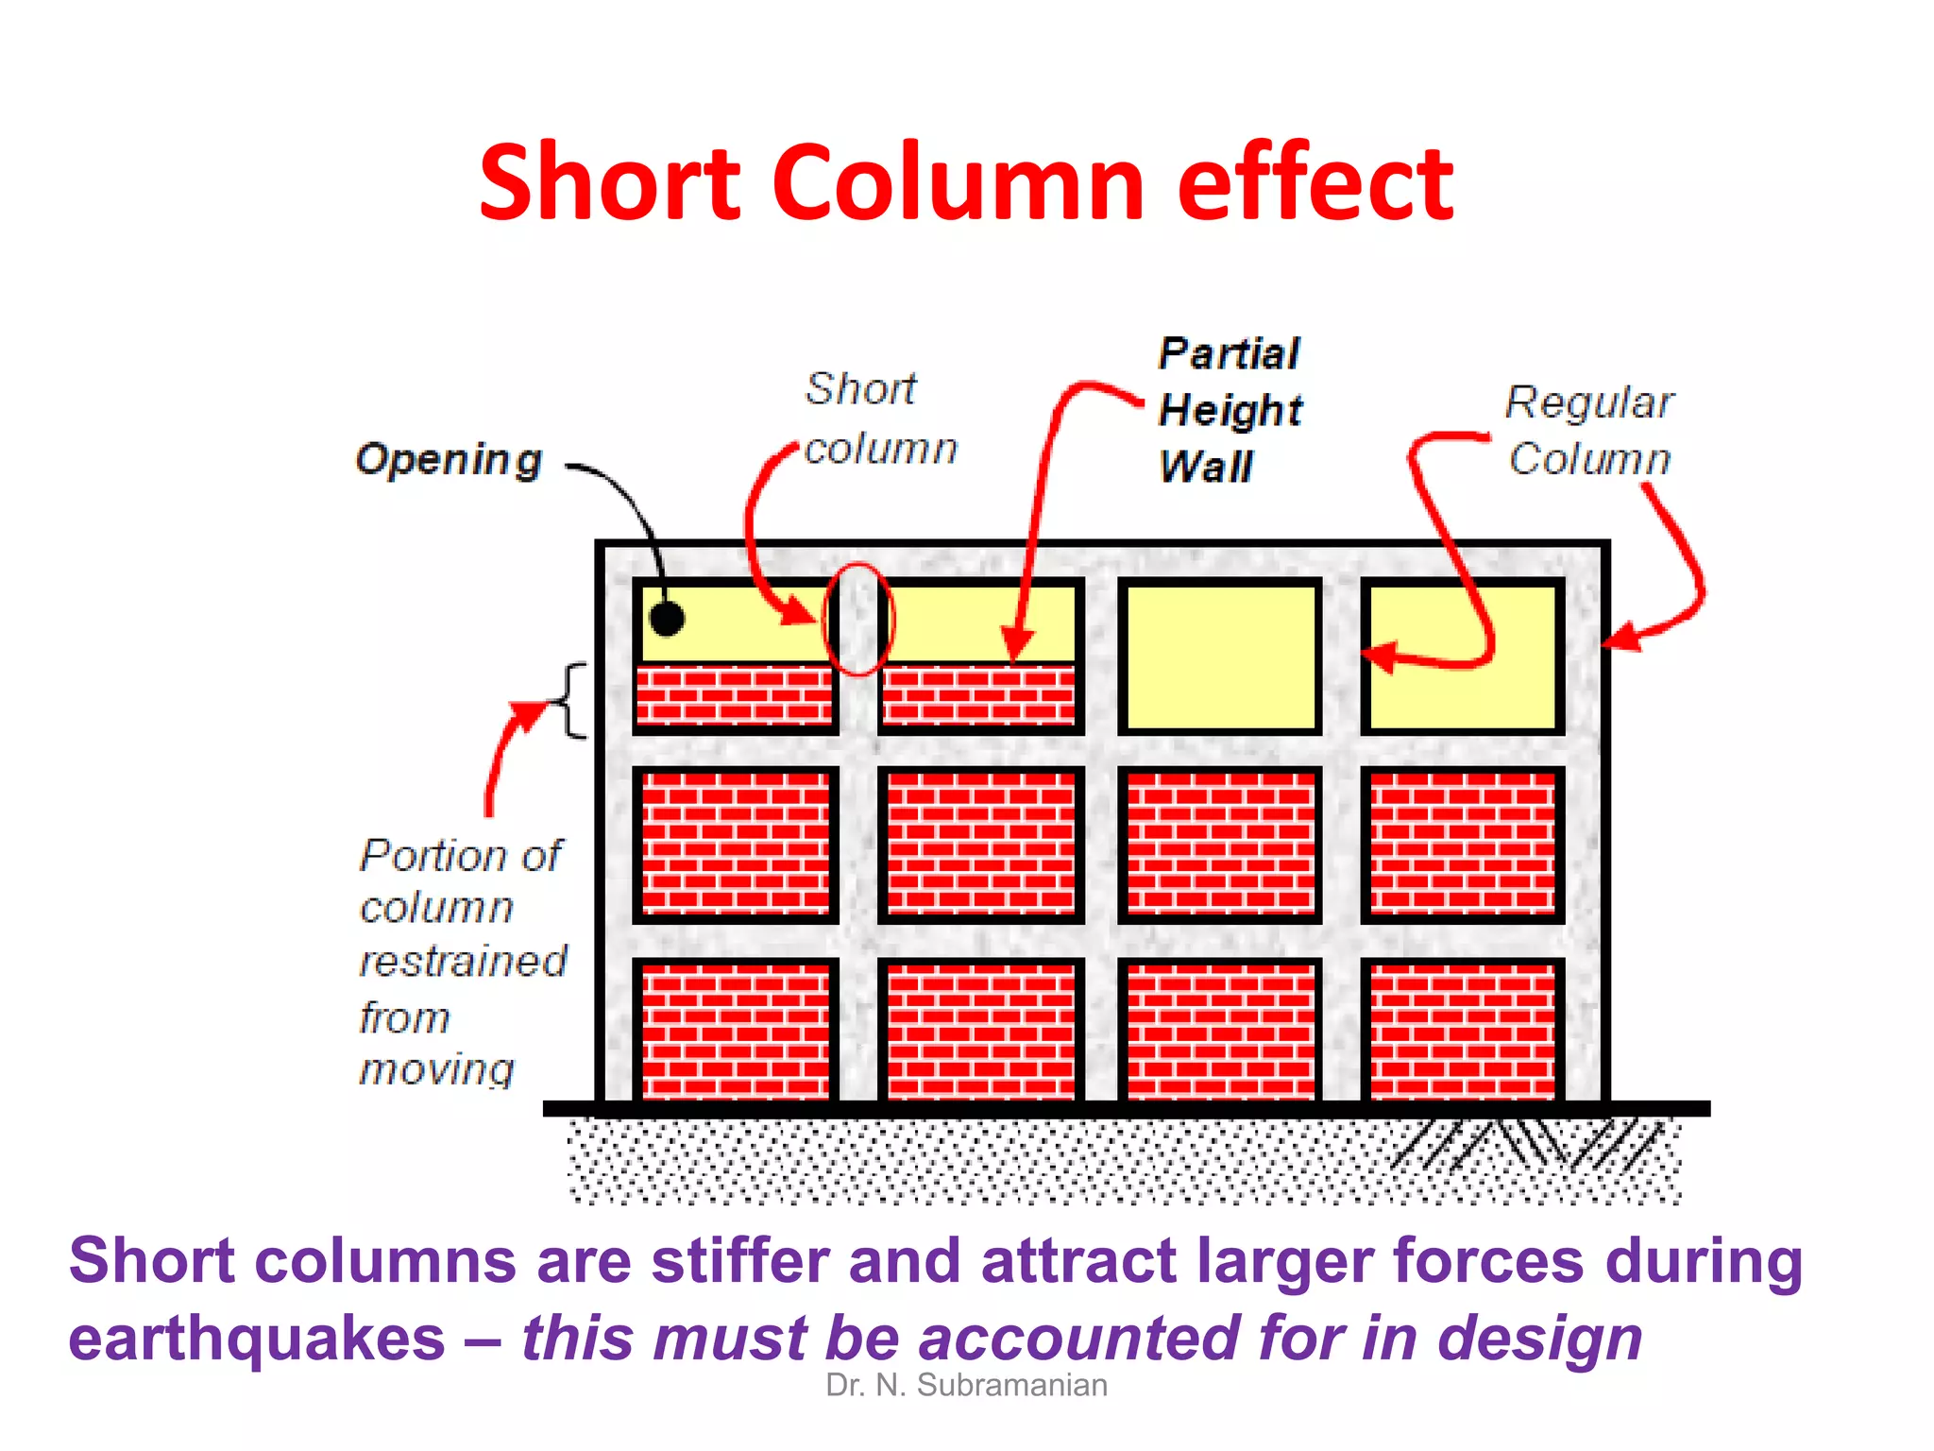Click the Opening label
[449, 460]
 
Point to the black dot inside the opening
[668, 620]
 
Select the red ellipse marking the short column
[858, 619]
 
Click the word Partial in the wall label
[1230, 353]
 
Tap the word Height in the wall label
[1230, 410]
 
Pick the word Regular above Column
[1589, 402]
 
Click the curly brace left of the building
[572, 700]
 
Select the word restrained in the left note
[464, 962]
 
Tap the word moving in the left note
[437, 1069]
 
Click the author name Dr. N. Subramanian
[966, 1385]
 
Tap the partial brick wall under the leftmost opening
[735, 695]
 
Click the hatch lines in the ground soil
[1530, 1144]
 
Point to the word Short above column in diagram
[860, 389]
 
